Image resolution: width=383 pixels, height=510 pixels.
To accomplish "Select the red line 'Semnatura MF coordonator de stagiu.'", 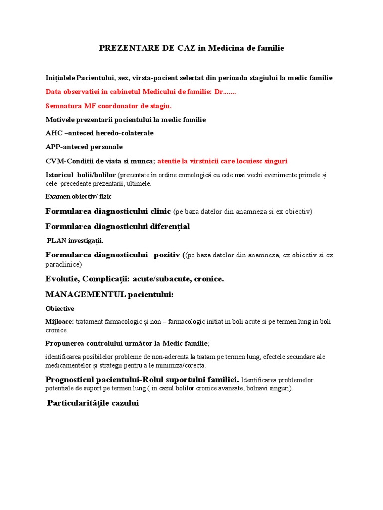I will [108, 106].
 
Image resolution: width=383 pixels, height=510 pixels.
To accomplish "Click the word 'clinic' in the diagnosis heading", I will [158, 211].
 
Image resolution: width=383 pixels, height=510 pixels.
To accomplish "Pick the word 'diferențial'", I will [167, 227].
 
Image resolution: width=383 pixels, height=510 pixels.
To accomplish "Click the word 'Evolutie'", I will [63, 279].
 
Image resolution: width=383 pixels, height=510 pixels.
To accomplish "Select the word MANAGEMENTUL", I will [85, 295].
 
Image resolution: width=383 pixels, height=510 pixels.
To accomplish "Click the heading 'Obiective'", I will [60, 309].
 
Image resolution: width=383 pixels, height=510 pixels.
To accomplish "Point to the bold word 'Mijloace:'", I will [60, 322].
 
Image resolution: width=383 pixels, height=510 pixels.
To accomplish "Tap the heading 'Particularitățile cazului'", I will [93, 403].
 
